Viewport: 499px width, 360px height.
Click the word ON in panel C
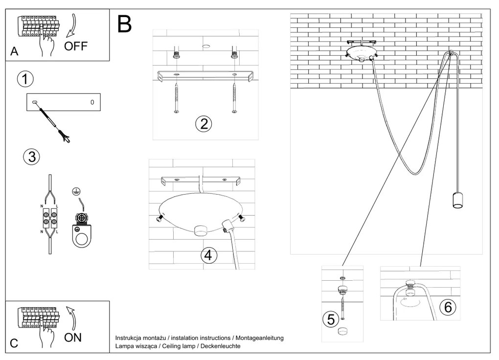(x=73, y=337)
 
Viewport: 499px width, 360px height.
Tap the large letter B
(x=125, y=24)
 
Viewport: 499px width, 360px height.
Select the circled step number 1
(x=24, y=79)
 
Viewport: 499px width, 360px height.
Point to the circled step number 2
(x=204, y=123)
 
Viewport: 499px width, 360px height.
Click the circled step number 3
(x=31, y=157)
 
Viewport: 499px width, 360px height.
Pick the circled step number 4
(x=208, y=255)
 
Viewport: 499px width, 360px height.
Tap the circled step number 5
(x=330, y=319)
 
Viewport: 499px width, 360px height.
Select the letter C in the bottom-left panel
(x=14, y=343)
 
